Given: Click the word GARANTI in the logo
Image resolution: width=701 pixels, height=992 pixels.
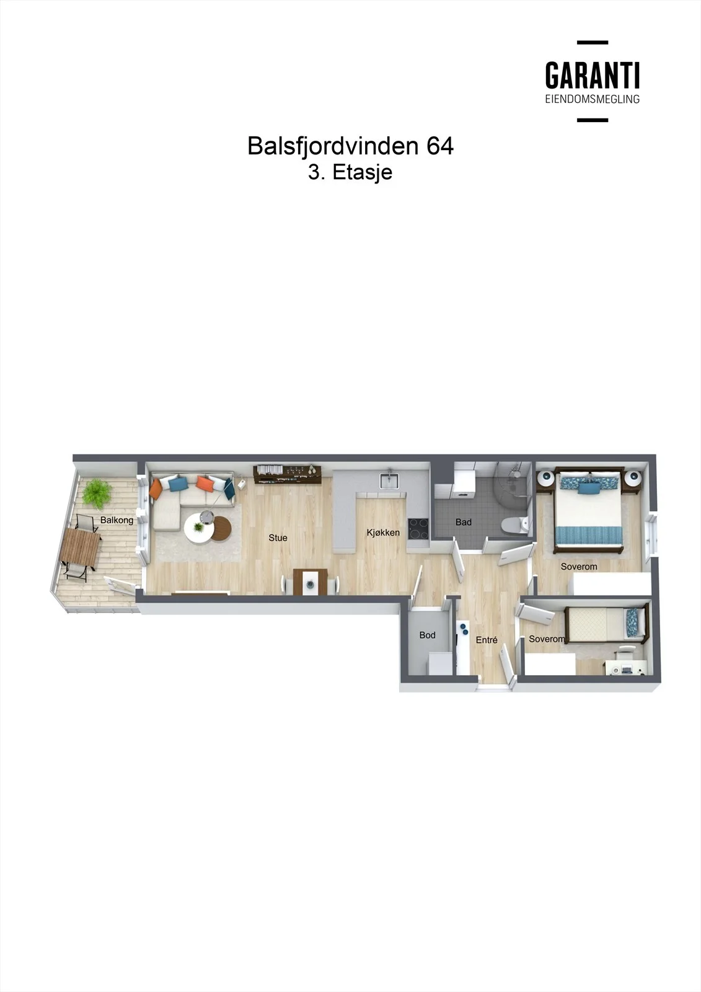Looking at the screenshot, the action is pos(593,75).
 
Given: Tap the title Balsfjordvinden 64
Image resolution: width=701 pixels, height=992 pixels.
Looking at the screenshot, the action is pos(350,146).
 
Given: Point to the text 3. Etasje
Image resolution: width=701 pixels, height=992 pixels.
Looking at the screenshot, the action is pos(350,172).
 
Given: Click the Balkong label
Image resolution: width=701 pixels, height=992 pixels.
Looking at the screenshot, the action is pos(117,520).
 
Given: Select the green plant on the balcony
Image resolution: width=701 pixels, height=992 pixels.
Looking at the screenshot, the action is pos(97,494).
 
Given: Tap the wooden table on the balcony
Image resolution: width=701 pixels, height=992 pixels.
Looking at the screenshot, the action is pos(81,549).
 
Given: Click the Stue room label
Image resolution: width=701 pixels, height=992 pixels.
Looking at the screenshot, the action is pos(278,538).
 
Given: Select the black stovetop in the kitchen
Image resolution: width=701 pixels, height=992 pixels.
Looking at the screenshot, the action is pos(418,528).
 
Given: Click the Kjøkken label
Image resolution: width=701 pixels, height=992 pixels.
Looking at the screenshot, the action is pos(383,533).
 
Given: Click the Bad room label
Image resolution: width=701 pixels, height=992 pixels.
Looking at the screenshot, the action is pos(463,522).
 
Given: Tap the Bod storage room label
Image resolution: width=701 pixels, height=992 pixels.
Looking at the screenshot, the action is pos(427,635).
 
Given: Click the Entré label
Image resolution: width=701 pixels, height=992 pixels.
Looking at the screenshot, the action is pos(487,640).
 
